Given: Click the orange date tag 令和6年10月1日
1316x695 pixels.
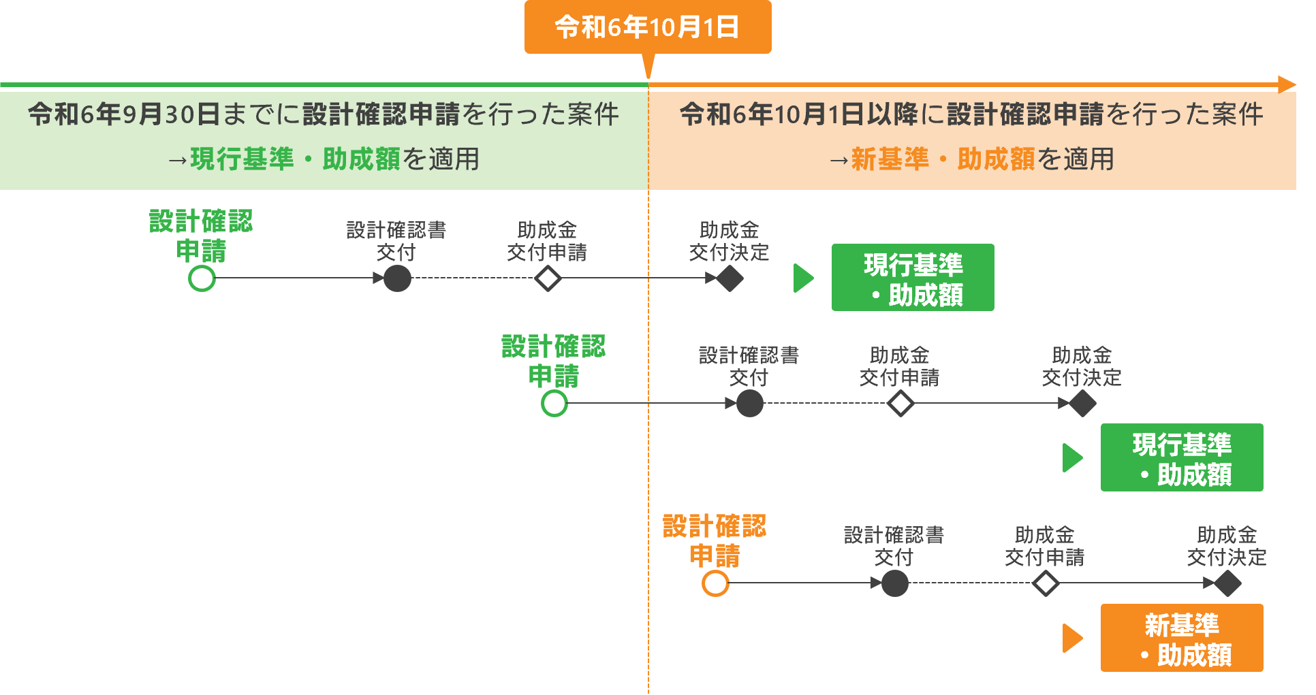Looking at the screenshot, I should click(x=647, y=27).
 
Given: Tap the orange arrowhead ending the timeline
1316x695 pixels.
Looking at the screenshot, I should click(x=1287, y=84).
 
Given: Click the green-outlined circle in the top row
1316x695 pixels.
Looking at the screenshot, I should click(x=202, y=278).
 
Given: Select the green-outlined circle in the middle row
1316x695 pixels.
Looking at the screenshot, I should click(x=554, y=404).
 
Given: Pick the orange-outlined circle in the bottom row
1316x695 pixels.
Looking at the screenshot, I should click(x=715, y=583).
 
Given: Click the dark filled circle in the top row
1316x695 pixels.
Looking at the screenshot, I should click(x=397, y=278).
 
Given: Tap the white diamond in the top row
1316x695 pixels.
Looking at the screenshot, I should click(x=548, y=278).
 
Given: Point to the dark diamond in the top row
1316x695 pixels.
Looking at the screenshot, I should click(x=730, y=278).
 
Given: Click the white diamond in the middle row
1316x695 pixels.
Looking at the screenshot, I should click(x=900, y=404).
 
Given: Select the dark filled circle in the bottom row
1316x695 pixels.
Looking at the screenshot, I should click(x=894, y=583).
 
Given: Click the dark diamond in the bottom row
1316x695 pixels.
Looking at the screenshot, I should click(x=1227, y=583).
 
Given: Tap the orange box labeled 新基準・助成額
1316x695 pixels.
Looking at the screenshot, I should click(x=1182, y=638).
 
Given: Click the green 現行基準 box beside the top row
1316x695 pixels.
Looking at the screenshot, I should click(x=913, y=278).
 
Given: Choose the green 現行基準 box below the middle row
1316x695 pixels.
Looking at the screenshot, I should click(x=1182, y=457).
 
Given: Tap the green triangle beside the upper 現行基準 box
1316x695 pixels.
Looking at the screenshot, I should click(x=803, y=278).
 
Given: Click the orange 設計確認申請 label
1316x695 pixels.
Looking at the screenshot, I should click(x=715, y=540).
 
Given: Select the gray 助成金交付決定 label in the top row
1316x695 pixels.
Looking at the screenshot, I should click(x=729, y=241).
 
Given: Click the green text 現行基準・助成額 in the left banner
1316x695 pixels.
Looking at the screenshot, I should click(x=296, y=159).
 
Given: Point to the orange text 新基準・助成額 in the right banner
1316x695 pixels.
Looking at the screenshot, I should click(x=943, y=159).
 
